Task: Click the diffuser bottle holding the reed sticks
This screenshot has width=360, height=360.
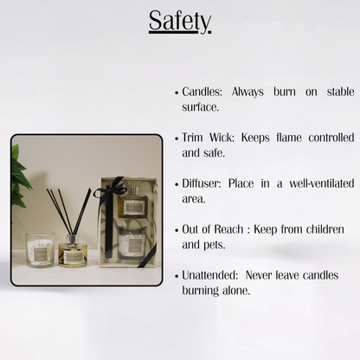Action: click(73, 251)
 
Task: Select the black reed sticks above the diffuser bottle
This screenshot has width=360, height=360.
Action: click(68, 210)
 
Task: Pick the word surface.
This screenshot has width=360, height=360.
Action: click(200, 106)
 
